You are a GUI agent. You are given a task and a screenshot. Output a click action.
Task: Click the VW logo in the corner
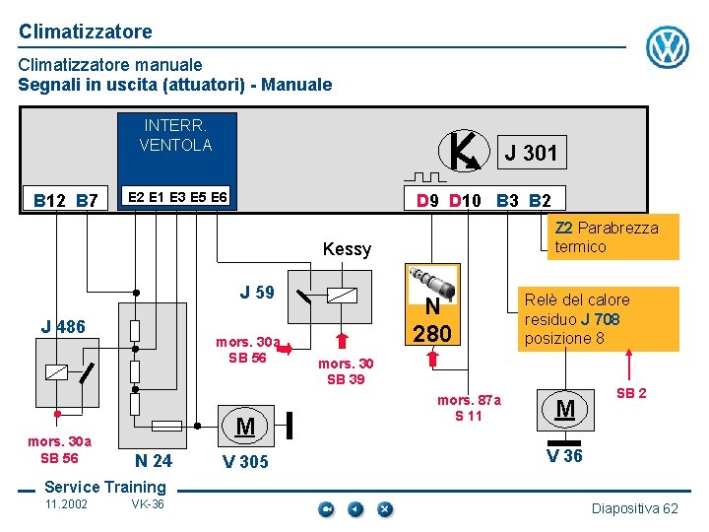click(x=667, y=46)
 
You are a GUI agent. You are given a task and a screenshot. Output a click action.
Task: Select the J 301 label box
click(x=530, y=152)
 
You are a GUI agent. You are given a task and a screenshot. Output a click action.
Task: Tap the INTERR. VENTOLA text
click(x=175, y=135)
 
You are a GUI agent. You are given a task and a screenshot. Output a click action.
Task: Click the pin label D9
click(x=427, y=200)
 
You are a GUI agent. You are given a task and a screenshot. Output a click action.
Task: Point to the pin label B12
click(x=48, y=201)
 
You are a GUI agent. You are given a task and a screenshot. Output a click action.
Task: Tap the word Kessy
click(x=347, y=249)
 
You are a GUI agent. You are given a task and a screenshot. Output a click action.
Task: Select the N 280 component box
click(x=432, y=304)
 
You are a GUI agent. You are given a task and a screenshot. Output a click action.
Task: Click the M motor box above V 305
click(x=245, y=426)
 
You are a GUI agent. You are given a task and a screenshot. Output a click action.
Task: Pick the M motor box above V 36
click(x=565, y=408)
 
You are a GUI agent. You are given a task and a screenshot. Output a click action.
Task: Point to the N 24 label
click(x=153, y=460)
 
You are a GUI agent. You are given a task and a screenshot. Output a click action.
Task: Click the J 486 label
click(x=63, y=327)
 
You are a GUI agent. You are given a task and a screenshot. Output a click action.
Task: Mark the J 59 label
click(x=257, y=293)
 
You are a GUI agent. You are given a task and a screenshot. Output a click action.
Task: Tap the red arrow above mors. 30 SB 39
click(x=342, y=342)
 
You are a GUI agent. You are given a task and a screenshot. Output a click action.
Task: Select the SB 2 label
click(x=631, y=393)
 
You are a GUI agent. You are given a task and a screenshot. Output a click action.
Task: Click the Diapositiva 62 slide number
click(x=634, y=508)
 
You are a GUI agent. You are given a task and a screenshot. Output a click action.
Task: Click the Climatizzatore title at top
click(x=86, y=32)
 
